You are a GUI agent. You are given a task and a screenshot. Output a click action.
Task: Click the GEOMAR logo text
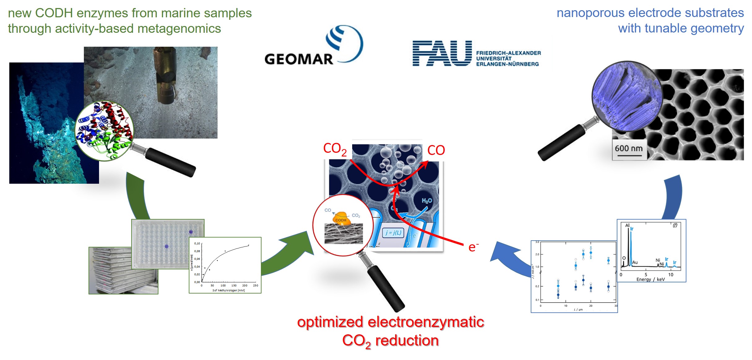click(x=298, y=59)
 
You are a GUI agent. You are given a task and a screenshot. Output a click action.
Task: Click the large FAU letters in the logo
click(x=442, y=53)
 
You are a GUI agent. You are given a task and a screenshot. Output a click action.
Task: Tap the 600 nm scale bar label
click(x=629, y=148)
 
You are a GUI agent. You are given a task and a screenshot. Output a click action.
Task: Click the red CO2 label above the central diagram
click(x=335, y=149)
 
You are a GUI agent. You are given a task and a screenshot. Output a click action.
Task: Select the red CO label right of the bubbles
click(x=436, y=150)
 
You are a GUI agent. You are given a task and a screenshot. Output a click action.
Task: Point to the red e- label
click(x=473, y=247)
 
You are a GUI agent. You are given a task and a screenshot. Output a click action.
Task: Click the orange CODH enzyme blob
click(x=341, y=219)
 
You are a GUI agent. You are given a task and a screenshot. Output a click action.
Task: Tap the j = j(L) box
click(x=393, y=233)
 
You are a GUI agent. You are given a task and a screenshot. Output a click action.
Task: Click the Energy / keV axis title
click(x=650, y=279)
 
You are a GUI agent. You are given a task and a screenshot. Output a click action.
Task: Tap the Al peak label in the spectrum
click(x=627, y=225)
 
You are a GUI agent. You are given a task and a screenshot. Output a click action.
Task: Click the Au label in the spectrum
click(x=635, y=262)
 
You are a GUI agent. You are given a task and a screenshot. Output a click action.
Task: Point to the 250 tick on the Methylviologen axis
click(x=255, y=285)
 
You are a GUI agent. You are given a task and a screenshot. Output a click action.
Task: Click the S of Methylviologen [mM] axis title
click(x=228, y=290)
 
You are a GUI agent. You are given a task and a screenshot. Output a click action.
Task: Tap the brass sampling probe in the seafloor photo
click(x=165, y=74)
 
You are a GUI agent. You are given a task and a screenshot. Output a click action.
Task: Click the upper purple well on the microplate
click(x=191, y=232)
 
